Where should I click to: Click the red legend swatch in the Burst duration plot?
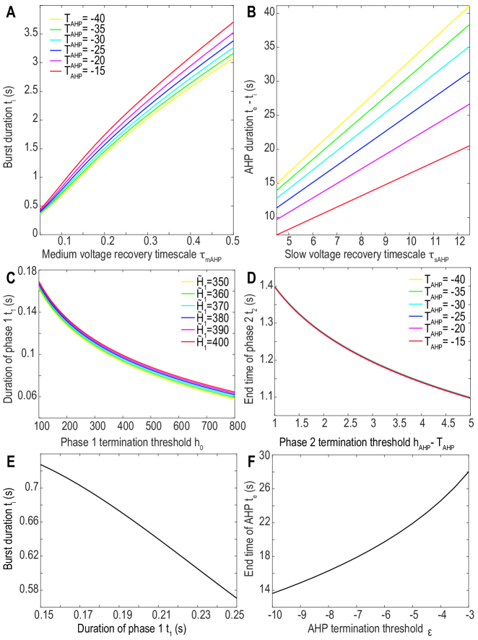(x=56, y=72)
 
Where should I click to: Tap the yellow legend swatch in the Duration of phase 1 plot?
(x=188, y=282)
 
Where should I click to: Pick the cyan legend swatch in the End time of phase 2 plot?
(x=415, y=304)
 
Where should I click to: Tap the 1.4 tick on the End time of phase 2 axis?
(x=265, y=286)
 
